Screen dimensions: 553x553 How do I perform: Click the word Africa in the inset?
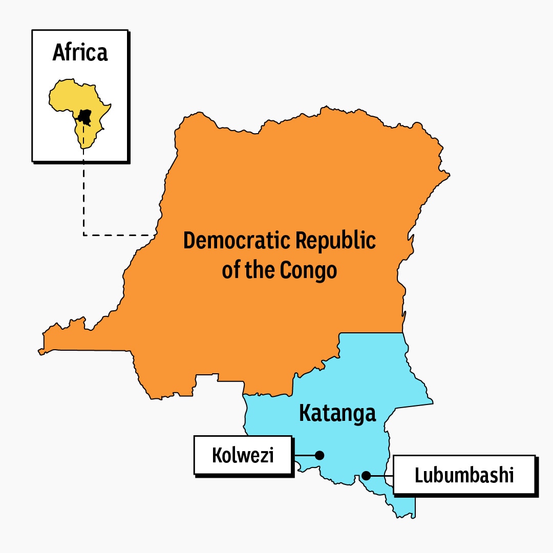[80, 53]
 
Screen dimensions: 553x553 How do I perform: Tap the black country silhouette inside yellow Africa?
[85, 116]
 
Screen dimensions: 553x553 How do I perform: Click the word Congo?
[308, 270]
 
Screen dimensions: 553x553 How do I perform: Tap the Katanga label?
[337, 413]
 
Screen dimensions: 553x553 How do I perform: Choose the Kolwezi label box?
[243, 455]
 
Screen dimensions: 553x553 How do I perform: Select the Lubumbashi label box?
[464, 475]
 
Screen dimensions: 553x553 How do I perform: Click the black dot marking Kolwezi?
[320, 455]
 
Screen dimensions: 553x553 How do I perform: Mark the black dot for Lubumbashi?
[366, 476]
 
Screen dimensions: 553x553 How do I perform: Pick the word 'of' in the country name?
[230, 270]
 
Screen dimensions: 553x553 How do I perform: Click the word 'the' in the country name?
[260, 270]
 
